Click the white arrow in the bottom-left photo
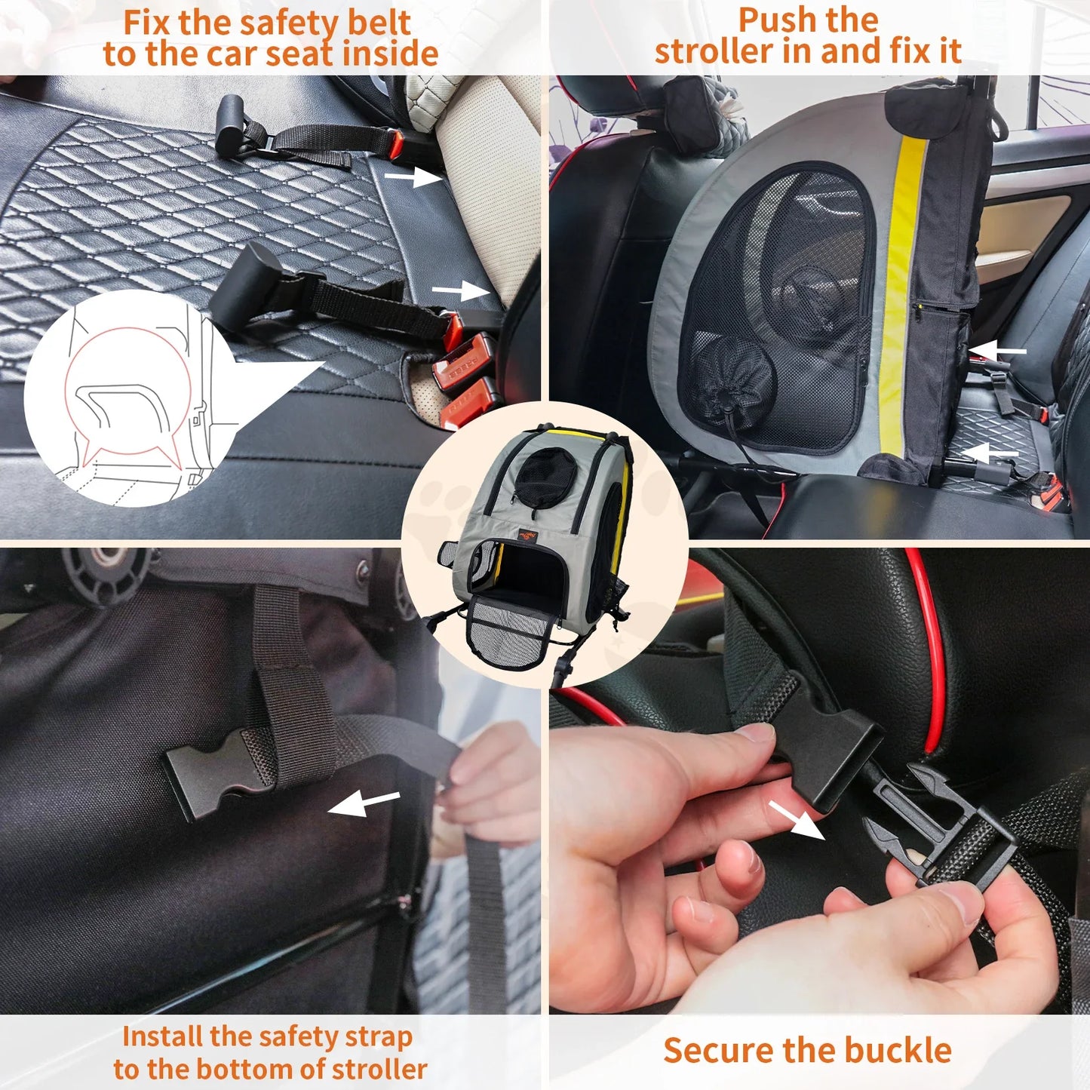click(364, 803)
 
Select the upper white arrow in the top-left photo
click(413, 177)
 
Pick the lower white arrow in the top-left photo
click(460, 291)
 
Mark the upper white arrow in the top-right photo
click(998, 351)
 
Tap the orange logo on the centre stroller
click(530, 536)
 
